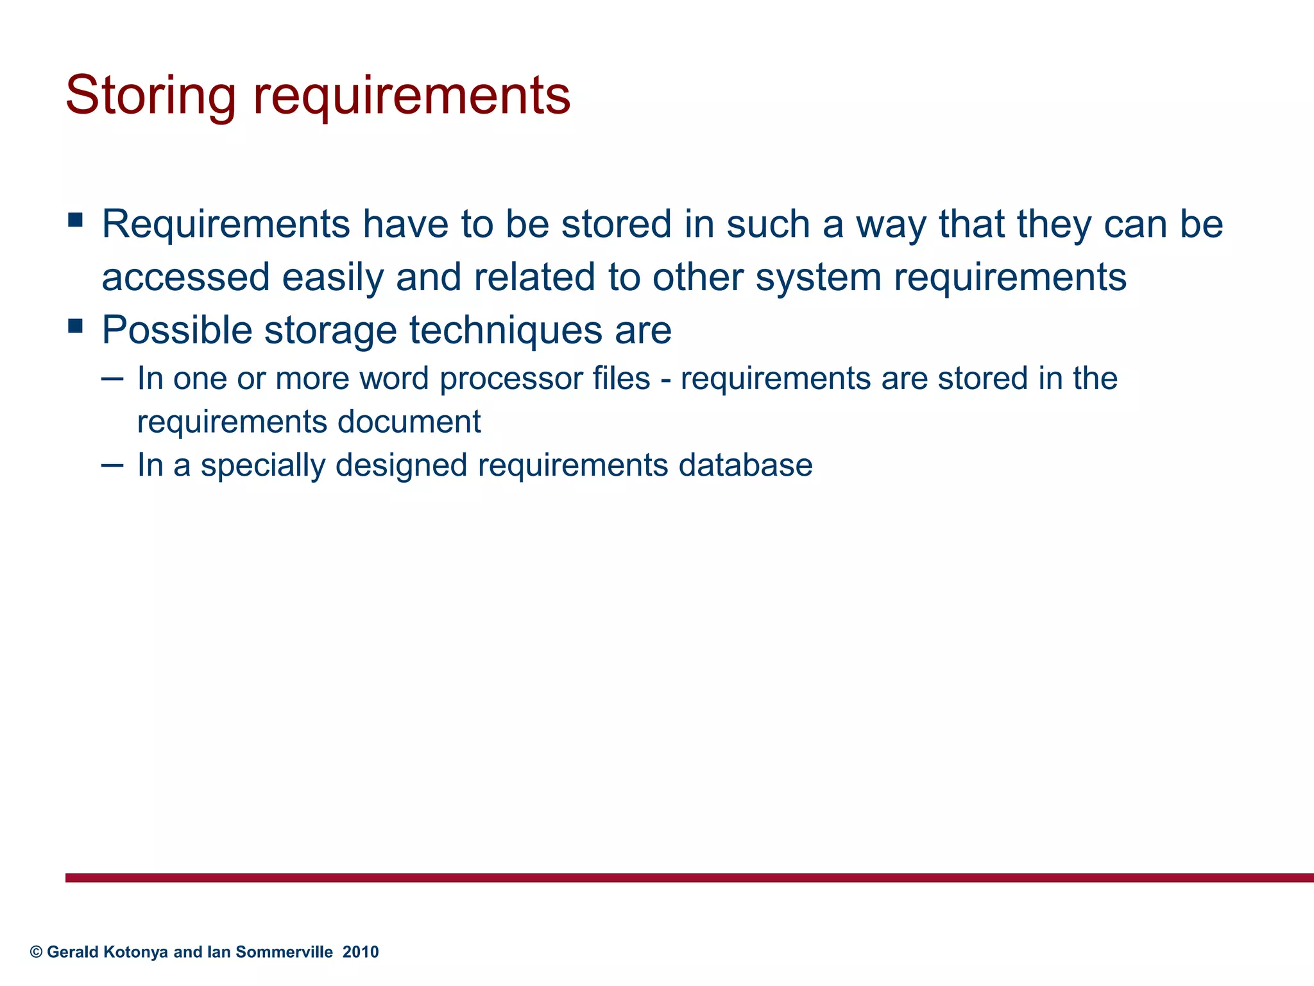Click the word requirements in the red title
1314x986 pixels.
coord(411,96)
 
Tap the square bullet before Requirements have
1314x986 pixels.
coord(75,220)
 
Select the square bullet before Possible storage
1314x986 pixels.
coord(75,326)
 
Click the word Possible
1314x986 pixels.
coord(177,330)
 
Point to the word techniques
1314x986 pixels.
coord(506,330)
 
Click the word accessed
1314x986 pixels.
coord(185,277)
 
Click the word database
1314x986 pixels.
coord(746,465)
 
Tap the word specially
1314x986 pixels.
coord(263,465)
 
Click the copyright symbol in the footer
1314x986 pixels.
coord(36,952)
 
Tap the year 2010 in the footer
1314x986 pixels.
coord(361,952)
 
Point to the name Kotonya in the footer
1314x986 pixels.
coord(135,952)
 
